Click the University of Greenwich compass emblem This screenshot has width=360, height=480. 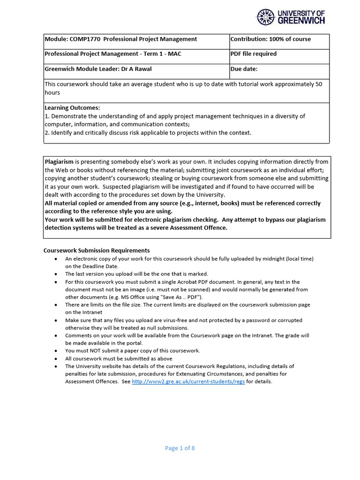(x=266, y=17)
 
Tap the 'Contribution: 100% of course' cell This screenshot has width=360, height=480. (x=270, y=39)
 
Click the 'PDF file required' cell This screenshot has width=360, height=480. (x=254, y=54)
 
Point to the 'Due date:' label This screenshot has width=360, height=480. (x=244, y=69)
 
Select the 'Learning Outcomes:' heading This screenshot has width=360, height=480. (x=72, y=108)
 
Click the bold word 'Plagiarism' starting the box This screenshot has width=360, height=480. (x=59, y=162)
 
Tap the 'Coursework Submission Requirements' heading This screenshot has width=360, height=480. (x=97, y=250)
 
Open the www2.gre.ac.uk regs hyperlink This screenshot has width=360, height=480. (x=188, y=382)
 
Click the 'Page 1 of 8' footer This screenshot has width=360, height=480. (x=180, y=448)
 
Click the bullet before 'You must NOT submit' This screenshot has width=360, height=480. (x=56, y=351)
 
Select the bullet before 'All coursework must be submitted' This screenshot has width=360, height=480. (x=56, y=359)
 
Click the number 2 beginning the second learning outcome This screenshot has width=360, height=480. (x=46, y=133)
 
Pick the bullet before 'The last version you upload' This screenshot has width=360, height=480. (x=56, y=274)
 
